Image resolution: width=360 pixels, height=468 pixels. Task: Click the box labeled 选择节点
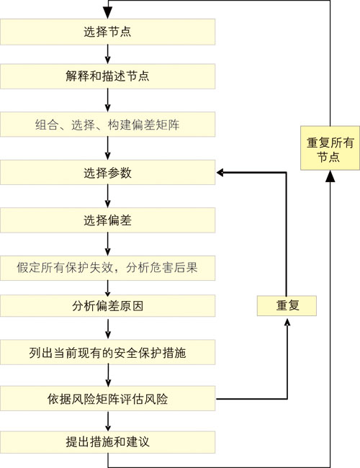click(x=107, y=32)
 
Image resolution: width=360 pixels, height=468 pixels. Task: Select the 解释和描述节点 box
click(x=107, y=76)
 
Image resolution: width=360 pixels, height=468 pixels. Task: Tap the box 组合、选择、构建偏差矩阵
click(x=107, y=124)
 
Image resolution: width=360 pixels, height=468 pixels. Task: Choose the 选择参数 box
click(x=107, y=172)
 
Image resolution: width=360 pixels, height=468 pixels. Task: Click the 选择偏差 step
click(x=107, y=220)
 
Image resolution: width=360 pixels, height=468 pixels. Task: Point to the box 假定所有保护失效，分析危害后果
click(x=107, y=268)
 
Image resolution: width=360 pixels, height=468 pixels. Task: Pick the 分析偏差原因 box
click(x=107, y=305)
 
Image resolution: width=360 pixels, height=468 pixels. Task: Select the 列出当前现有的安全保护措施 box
click(x=107, y=352)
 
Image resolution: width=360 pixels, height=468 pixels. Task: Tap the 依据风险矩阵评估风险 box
click(x=107, y=398)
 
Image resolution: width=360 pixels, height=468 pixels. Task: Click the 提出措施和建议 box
click(x=107, y=442)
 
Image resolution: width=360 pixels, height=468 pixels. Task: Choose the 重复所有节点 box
click(x=330, y=148)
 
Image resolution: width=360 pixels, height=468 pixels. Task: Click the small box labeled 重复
click(x=287, y=305)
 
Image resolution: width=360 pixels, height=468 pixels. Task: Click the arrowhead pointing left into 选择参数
click(x=220, y=172)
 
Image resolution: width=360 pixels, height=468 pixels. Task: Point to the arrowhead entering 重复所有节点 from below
click(x=330, y=176)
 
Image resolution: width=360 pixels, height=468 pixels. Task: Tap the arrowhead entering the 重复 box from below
click(x=287, y=322)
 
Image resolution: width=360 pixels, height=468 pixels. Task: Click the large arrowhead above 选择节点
click(x=107, y=13)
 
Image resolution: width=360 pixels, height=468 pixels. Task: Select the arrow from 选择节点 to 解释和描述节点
click(x=108, y=54)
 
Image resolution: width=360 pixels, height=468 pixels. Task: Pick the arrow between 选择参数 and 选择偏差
click(x=108, y=196)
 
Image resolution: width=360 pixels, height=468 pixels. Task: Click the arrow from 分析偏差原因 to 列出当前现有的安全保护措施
click(x=108, y=328)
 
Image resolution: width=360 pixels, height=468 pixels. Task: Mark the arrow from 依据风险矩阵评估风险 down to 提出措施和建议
click(x=108, y=421)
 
